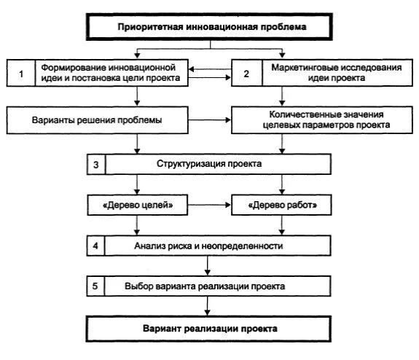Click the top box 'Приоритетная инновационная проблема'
(211, 28)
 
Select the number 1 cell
(22, 74)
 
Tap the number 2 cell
(246, 74)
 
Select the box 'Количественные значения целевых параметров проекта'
(321, 119)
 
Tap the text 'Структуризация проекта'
(209, 165)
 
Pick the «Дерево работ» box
(282, 206)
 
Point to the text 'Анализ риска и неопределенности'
(209, 246)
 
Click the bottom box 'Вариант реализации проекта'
(210, 329)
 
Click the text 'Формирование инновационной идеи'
(121, 67)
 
